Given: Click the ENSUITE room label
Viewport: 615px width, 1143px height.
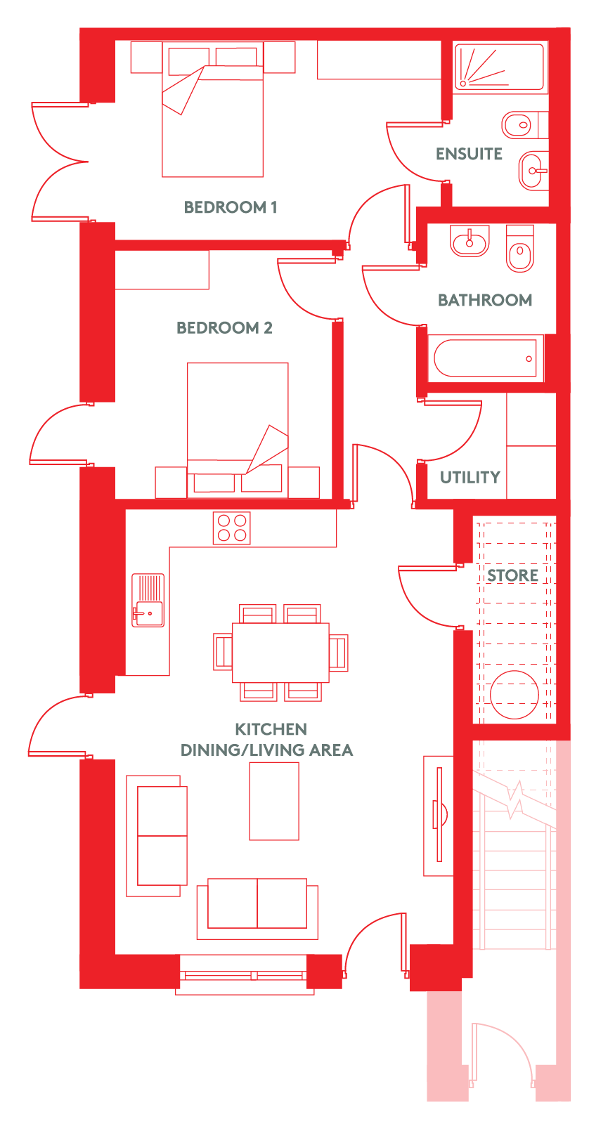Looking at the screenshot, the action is coord(469,154).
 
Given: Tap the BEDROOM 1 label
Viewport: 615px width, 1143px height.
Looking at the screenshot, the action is coord(230,207).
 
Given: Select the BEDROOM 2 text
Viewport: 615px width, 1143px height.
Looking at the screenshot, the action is coord(224,327).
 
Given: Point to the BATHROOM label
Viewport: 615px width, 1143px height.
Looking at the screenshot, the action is coord(485,300).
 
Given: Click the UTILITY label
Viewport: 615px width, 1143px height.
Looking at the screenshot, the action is coord(470,477).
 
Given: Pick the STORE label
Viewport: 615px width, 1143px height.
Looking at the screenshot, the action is coord(512,575).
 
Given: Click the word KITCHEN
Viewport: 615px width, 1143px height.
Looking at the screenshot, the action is coord(271,729).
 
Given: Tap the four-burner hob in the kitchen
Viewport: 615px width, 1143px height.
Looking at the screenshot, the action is coord(232,528).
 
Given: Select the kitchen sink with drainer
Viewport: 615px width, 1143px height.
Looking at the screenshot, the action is coord(148,600).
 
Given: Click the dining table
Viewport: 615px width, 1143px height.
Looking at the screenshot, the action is coord(280,652).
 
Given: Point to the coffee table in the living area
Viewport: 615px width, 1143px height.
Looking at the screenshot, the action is coord(274,801).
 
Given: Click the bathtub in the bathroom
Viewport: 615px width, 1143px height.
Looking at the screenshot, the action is coord(486,358).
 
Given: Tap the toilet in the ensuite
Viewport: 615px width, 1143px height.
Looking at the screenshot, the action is coord(524,124).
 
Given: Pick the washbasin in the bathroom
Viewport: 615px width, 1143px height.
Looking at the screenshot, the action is coord(470,240).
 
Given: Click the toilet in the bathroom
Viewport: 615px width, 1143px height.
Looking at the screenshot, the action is coord(519,249).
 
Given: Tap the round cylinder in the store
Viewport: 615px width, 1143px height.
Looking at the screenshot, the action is coord(514,695).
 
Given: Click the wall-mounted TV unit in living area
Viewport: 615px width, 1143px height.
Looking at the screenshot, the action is coord(439,815).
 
